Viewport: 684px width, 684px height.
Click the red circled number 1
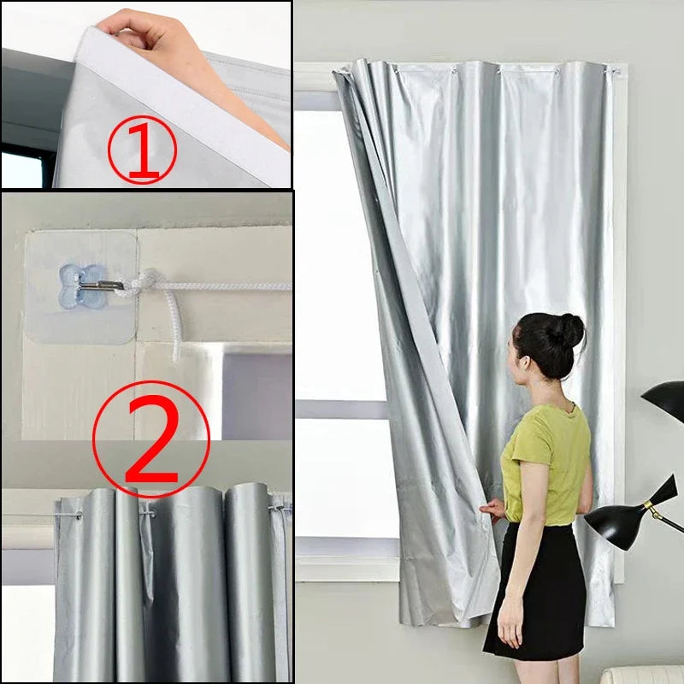(x=142, y=151)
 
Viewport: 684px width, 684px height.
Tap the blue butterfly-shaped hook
(x=76, y=285)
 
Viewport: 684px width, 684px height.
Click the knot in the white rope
(x=149, y=283)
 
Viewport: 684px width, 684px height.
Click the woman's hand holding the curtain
(x=492, y=510)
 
